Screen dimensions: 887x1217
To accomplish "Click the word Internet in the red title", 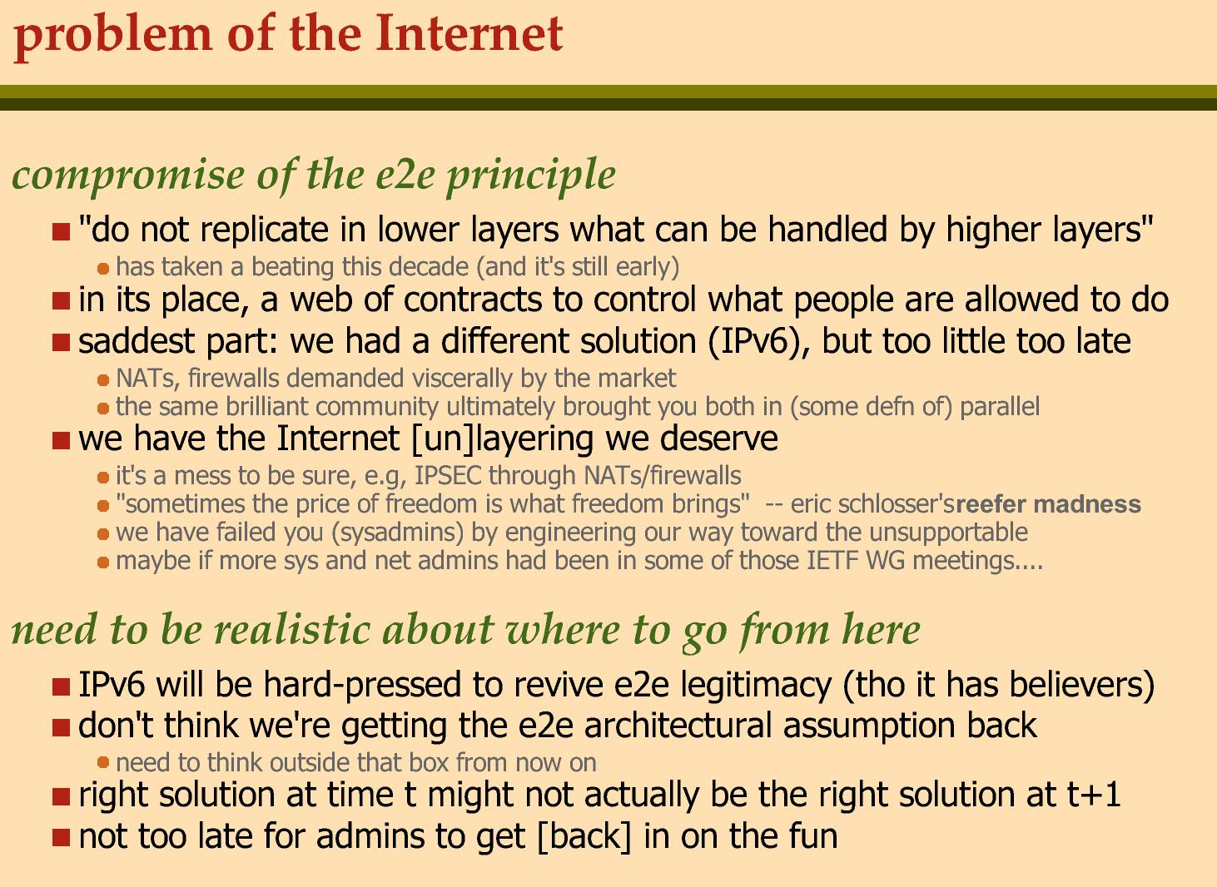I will pyautogui.click(x=469, y=35).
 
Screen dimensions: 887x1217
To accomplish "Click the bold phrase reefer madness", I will pyautogui.click(x=1049, y=504).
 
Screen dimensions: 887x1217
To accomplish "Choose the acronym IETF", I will pyautogui.click(x=833, y=561).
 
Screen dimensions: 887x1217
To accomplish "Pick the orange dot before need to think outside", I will pyautogui.click(x=103, y=763).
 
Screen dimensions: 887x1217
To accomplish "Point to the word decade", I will pyautogui.click(x=428, y=267).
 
